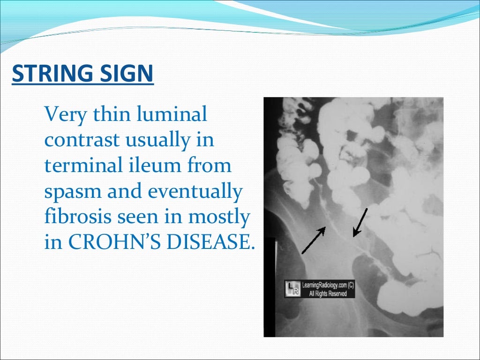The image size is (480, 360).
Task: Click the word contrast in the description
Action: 78,140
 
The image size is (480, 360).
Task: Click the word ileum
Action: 149,165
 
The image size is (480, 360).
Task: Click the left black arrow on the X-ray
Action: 313,240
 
